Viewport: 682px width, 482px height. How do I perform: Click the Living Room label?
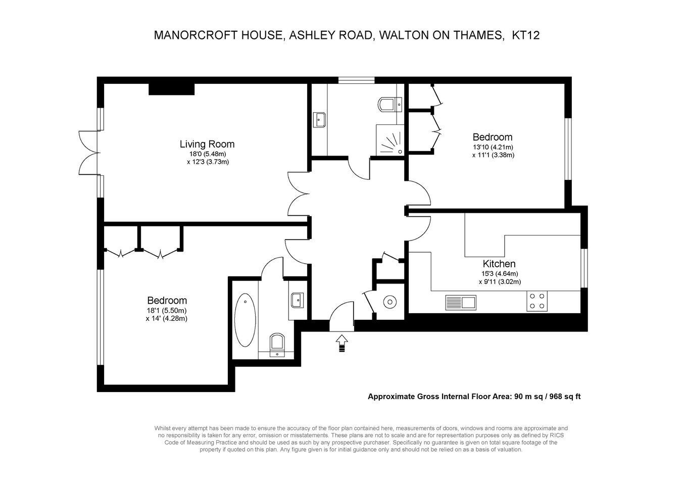click(x=207, y=144)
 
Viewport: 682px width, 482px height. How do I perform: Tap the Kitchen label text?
click(x=499, y=264)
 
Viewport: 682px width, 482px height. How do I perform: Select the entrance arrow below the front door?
click(x=342, y=343)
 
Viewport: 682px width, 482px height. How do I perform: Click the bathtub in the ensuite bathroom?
click(x=245, y=320)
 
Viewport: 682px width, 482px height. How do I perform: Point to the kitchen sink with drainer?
click(x=461, y=303)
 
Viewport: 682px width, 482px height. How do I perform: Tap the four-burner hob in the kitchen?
click(x=537, y=301)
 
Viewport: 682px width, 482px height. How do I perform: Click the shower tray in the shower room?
click(x=390, y=140)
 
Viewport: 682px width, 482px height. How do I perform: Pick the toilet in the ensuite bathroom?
click(x=277, y=345)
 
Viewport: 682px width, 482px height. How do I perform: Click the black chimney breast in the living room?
click(x=171, y=89)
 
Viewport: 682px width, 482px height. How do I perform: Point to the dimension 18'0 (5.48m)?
click(x=207, y=154)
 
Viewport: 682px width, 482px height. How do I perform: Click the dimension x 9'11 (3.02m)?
click(x=500, y=282)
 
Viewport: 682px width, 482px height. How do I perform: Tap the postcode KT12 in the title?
click(x=526, y=35)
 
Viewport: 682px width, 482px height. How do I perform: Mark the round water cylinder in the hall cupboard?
click(x=389, y=302)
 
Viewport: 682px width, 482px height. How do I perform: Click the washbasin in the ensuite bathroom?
click(x=298, y=300)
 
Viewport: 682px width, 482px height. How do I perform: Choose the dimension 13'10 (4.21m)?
click(x=493, y=147)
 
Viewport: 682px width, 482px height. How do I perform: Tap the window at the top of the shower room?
click(x=357, y=80)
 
